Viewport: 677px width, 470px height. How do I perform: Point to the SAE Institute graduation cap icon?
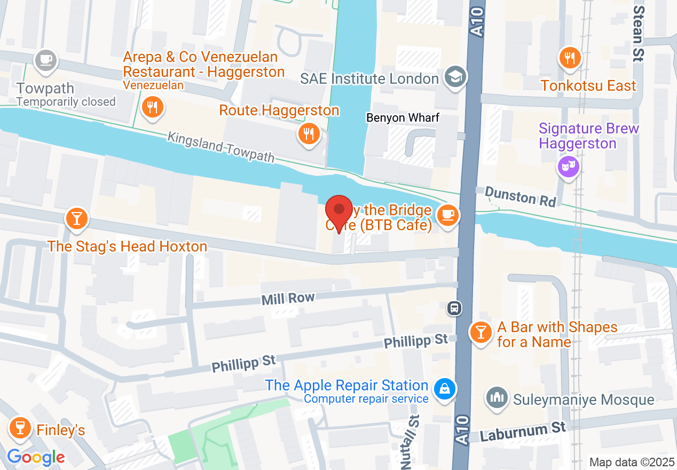pos(455,78)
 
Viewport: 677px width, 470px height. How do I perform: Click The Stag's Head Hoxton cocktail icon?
pos(76,219)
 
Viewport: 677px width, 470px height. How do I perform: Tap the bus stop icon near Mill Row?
pos(454,308)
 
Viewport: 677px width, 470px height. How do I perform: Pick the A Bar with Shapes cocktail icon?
pos(481,333)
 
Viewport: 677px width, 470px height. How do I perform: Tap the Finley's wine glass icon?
pos(20,428)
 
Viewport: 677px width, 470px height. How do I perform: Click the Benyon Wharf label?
pos(403,117)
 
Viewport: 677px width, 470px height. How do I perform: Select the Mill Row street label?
pos(288,299)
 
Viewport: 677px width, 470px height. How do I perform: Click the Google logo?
pos(36,457)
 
